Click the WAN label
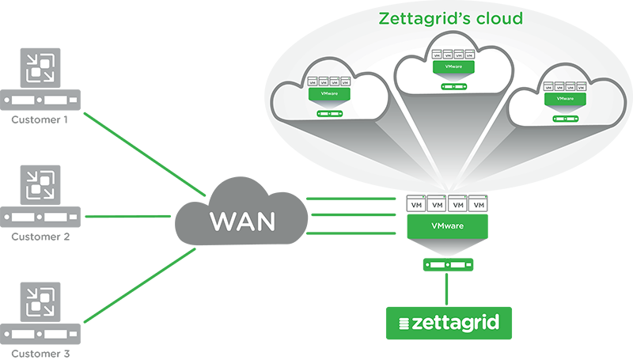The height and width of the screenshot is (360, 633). tap(242, 222)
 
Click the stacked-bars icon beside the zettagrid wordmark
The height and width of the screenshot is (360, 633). tap(406, 324)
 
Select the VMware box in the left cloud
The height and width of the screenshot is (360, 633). tap(327, 94)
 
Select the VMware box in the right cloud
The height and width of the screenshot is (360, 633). tap(565, 99)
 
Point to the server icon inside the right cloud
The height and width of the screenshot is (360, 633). tap(565, 119)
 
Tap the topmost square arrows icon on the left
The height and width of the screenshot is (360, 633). tap(40, 67)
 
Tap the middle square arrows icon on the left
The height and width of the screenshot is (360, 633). tap(40, 183)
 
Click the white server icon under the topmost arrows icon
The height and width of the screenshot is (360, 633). tap(40, 101)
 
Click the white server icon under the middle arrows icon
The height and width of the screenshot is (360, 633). tap(40, 216)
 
